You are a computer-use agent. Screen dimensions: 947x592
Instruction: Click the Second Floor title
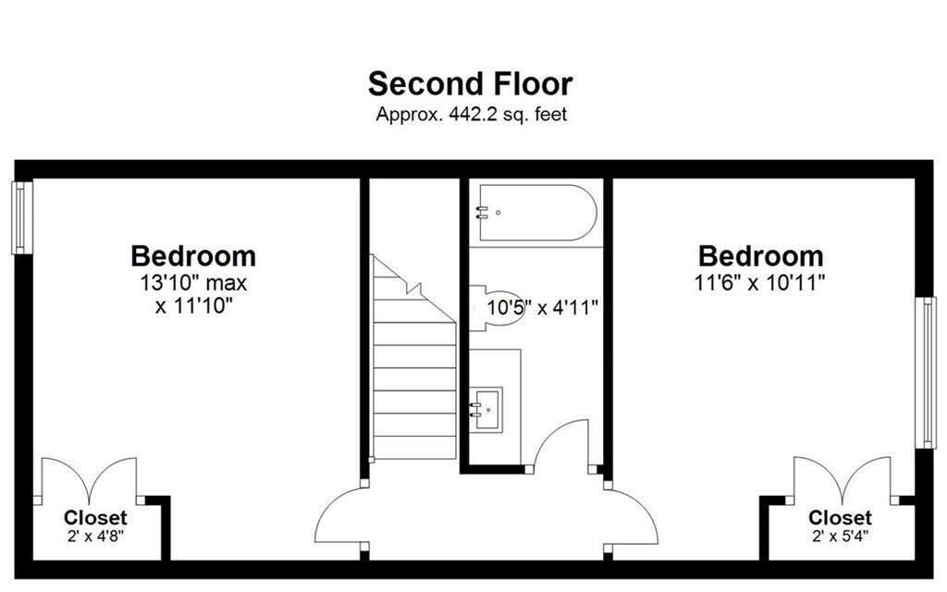(x=470, y=84)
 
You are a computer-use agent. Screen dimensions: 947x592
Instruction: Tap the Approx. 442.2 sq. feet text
(x=471, y=114)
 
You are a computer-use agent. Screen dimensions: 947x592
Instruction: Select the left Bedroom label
(x=193, y=256)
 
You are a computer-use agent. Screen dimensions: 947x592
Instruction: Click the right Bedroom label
(x=761, y=256)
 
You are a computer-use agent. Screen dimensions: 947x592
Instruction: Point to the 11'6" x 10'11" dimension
(x=760, y=283)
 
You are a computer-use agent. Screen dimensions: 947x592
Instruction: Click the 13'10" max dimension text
(x=194, y=283)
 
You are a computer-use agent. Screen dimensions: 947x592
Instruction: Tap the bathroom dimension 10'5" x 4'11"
(x=542, y=308)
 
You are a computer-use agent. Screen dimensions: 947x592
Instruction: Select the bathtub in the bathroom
(x=537, y=213)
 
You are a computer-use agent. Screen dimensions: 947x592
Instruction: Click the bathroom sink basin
(x=486, y=408)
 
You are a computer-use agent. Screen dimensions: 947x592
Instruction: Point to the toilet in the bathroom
(x=496, y=308)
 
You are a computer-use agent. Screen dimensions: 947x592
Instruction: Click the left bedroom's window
(x=22, y=217)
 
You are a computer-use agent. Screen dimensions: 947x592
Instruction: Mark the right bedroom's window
(x=925, y=373)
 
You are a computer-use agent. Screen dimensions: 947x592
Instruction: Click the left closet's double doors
(x=90, y=480)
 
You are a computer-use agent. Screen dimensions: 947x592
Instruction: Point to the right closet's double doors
(x=842, y=480)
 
